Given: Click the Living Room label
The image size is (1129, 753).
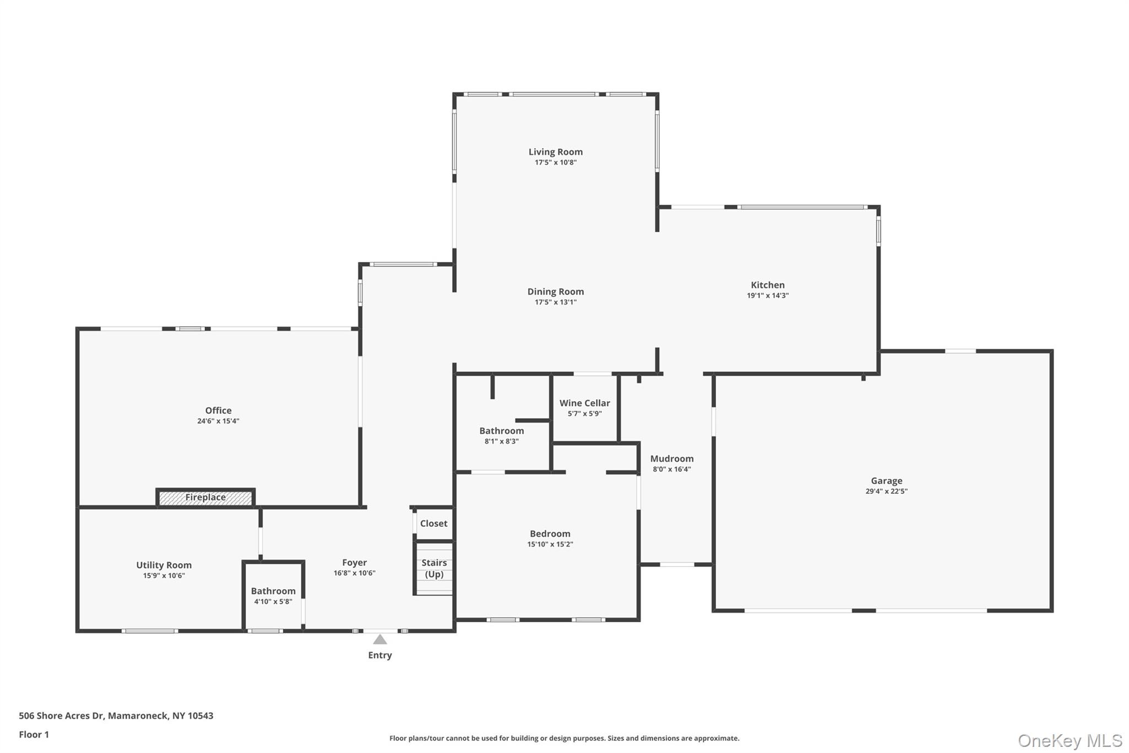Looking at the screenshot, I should [555, 152].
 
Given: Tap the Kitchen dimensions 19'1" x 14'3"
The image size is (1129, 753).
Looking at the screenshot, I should [767, 296].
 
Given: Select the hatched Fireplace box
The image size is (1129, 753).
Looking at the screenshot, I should [205, 498].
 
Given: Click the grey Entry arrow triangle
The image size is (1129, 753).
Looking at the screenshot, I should [380, 640].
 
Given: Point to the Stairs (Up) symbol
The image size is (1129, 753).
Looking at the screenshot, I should [434, 569].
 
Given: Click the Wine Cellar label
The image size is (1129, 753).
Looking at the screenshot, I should [584, 403].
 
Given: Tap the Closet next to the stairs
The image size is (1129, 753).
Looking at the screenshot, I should [433, 524].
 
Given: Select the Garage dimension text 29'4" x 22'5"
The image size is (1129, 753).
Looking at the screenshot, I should [886, 492].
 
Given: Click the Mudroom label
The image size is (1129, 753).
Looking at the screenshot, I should [671, 459].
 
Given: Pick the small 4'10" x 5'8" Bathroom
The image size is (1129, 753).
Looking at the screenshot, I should [273, 596].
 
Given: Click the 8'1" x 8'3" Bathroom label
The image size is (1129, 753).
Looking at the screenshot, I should [501, 431].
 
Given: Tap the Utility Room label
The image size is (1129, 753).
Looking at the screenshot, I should [164, 565].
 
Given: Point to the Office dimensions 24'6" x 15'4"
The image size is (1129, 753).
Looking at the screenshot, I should [218, 421].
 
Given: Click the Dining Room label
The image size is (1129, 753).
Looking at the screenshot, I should [555, 292].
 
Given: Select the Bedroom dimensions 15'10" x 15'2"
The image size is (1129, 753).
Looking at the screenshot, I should [550, 544].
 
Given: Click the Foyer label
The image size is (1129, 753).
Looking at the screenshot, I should [354, 563].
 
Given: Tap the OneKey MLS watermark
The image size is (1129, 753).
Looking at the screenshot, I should [1069, 740].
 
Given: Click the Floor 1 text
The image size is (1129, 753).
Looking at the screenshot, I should [34, 735].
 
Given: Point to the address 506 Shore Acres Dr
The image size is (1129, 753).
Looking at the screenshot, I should [61, 716].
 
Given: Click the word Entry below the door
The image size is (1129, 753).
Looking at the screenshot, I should [380, 655].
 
